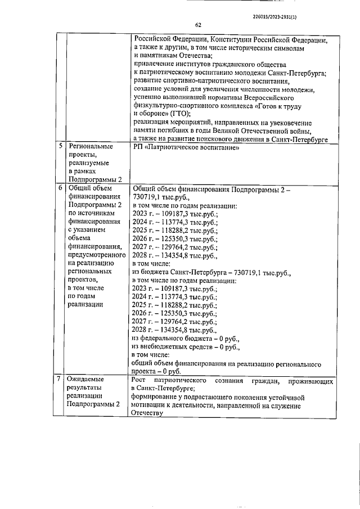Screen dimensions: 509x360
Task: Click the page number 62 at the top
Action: [198, 24]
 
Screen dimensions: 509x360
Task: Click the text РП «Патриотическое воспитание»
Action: [186, 147]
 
